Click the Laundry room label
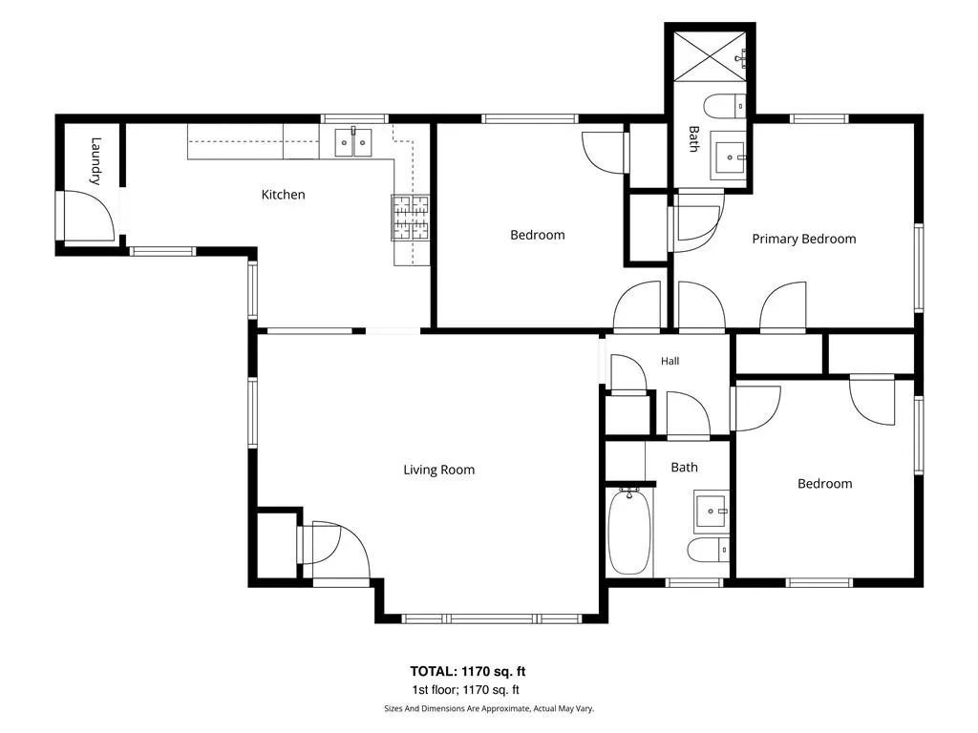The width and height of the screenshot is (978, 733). [x=96, y=160]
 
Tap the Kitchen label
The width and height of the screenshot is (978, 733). [x=283, y=195]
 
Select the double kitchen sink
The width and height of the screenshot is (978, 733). [x=353, y=142]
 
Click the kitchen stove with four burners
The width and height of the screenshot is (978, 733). [x=411, y=218]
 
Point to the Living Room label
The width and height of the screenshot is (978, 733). [x=439, y=470]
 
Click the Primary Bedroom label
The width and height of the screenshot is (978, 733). [x=804, y=239]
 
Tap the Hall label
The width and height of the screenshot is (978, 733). [x=670, y=361]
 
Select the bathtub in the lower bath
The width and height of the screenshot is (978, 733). [x=629, y=532]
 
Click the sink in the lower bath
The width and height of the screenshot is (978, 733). [x=712, y=512]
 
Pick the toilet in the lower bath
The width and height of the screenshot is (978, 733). [x=708, y=550]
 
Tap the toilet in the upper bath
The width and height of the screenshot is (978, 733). [x=725, y=106]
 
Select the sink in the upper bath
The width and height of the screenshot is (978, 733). [x=730, y=157]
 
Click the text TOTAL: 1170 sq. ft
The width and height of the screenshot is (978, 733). [x=468, y=671]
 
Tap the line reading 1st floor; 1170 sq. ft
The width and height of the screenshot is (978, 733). [x=465, y=690]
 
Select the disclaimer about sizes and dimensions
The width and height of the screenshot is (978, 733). [x=489, y=709]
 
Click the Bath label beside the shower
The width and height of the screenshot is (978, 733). [x=693, y=139]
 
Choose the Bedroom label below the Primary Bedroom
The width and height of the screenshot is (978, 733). [x=824, y=484]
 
